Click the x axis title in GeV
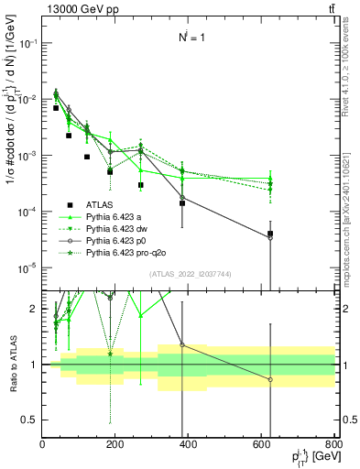click(311, 458)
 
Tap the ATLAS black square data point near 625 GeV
click(270, 234)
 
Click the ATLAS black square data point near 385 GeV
click(182, 202)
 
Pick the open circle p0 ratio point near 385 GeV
click(182, 344)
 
